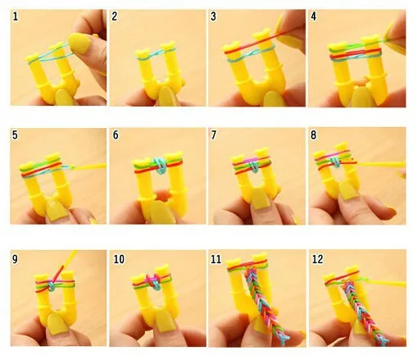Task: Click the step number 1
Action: click(16, 16)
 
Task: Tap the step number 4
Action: click(314, 16)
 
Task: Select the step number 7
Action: click(214, 134)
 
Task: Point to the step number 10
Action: click(119, 259)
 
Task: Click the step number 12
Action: click(317, 259)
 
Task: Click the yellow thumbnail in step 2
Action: click(165, 96)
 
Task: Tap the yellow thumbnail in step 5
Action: click(57, 211)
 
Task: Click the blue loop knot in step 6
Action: click(159, 165)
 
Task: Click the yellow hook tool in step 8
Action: click(381, 164)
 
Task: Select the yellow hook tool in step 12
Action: click(386, 284)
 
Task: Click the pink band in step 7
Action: click(252, 160)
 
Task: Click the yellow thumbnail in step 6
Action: click(161, 213)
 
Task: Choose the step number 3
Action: click(213, 16)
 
